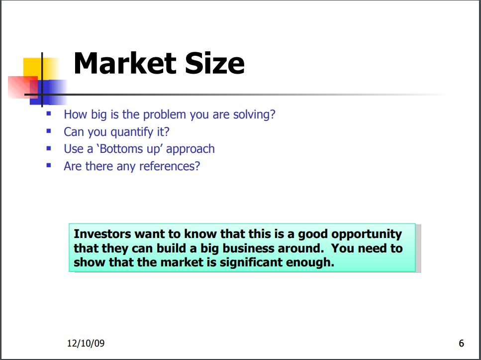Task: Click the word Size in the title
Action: (x=215, y=63)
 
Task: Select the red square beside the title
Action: (x=23, y=87)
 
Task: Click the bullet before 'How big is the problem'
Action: (x=49, y=114)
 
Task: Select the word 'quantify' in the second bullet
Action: (x=132, y=132)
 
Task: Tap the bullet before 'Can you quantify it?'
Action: (x=49, y=131)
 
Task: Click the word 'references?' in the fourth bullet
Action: (x=170, y=166)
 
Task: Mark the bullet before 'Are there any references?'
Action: (x=49, y=165)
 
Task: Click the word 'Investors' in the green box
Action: (x=102, y=234)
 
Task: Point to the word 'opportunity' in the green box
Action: (x=367, y=235)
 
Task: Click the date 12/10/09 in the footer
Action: (x=86, y=343)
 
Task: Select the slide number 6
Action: (x=462, y=343)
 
